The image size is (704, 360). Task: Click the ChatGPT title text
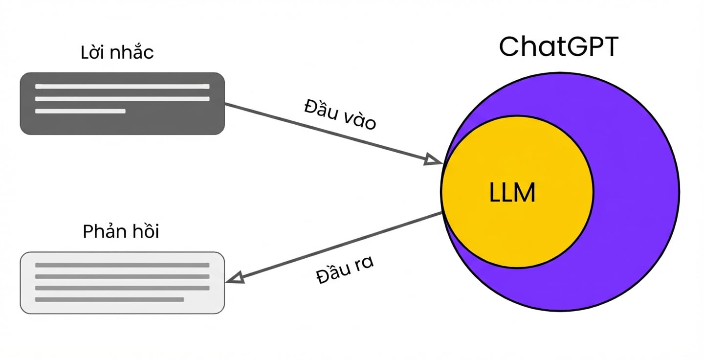point(558,46)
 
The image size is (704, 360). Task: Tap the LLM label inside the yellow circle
point(512,192)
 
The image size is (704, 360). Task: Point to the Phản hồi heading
point(121,231)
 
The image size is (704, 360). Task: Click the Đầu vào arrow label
point(340,114)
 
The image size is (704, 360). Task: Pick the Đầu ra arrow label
point(345,270)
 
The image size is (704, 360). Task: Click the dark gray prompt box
point(122,103)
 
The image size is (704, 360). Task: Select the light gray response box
point(122,283)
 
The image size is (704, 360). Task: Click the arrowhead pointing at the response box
point(235,278)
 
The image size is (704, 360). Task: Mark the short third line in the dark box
point(81,111)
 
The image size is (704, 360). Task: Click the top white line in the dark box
point(122,87)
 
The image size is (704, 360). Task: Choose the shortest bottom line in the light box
point(110,300)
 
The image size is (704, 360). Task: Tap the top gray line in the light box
point(122,265)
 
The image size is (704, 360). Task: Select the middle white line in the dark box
point(122,99)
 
